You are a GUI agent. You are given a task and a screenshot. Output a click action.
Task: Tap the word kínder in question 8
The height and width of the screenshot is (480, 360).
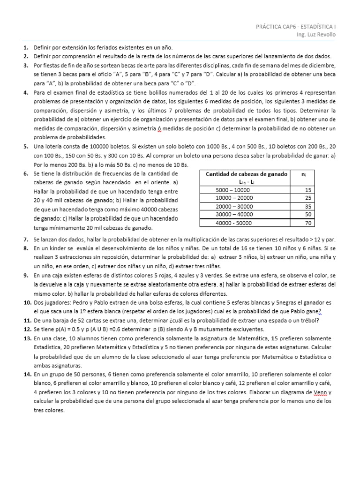coord(64,247)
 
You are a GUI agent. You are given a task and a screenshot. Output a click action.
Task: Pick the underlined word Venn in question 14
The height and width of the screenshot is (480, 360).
coord(323,392)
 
